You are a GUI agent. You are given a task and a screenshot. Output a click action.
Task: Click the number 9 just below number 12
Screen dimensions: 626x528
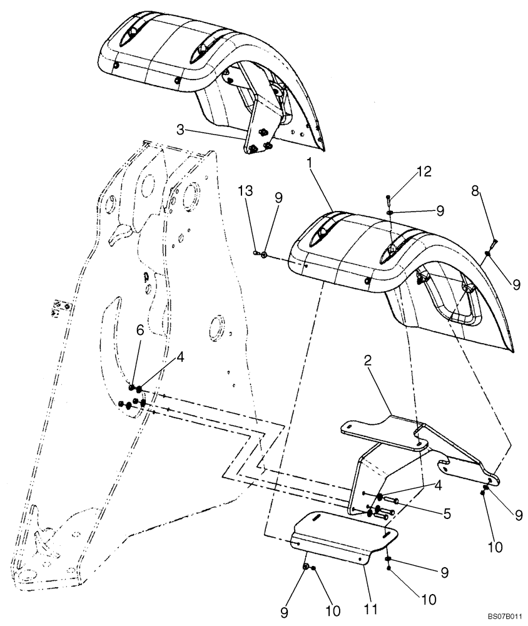pos(439,210)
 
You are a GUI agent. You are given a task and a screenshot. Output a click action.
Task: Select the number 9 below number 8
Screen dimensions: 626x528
pos(516,284)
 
